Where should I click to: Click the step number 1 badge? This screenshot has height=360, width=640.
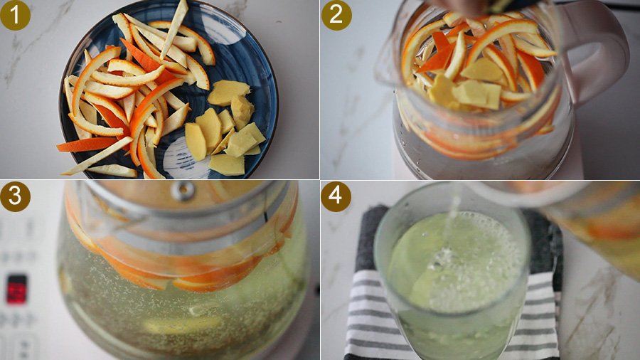[15, 15]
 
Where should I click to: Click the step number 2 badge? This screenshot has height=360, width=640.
[336, 15]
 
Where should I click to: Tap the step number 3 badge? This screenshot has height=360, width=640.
[15, 197]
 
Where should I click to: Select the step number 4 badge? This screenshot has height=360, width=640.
[336, 197]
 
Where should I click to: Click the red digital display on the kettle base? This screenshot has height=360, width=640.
[17, 289]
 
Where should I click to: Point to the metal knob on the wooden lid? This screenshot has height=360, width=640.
[183, 190]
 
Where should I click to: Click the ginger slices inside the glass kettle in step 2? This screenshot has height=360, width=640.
[465, 85]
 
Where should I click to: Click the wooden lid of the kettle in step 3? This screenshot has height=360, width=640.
[180, 194]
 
